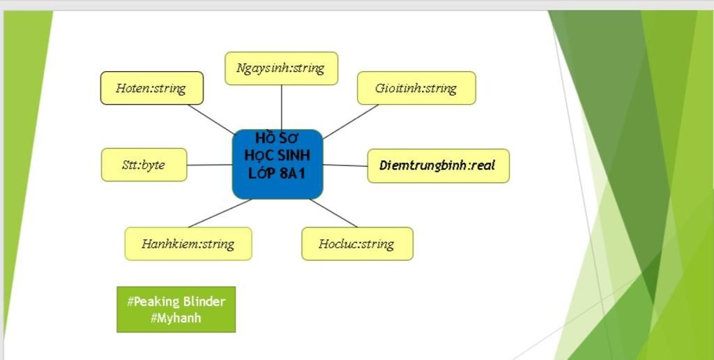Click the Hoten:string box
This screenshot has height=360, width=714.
coord(151,88)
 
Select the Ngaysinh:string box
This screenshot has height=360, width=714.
coord(281,68)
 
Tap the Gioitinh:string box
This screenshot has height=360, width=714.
coord(416,88)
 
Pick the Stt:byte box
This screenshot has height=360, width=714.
coord(144,165)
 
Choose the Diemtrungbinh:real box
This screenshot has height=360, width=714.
coord(438,165)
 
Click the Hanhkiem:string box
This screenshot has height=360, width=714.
coord(188,243)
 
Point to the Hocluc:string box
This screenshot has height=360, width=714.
coord(357,243)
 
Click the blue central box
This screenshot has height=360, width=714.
coord(278,164)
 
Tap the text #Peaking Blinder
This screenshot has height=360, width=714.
coord(176,301)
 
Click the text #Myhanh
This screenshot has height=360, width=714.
coord(176,317)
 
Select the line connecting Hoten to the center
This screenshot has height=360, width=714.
coord(211,119)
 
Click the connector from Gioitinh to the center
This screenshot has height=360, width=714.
coord(350,121)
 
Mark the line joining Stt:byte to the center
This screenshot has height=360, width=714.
coord(209,165)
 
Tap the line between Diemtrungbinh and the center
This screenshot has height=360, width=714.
coord(345,165)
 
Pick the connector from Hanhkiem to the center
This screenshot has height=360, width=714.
coord(219,213)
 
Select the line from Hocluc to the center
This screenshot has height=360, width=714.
coord(333,213)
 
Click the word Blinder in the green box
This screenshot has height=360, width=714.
coord(204,301)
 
